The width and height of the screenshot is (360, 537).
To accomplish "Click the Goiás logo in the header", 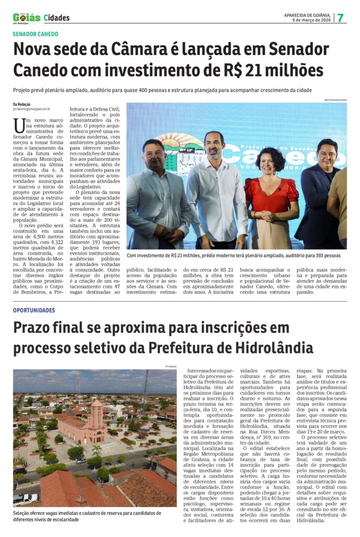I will tap(26, 17).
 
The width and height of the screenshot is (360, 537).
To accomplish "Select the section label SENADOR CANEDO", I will tap(36, 34).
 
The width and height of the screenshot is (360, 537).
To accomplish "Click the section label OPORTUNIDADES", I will tap(34, 310).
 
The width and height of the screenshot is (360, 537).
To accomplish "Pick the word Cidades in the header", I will tap(57, 18).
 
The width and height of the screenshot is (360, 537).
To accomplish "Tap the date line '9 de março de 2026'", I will tap(311, 20).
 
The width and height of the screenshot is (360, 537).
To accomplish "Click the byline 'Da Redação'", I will tap(21, 104).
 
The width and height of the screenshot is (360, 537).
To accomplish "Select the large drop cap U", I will tap(19, 125).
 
